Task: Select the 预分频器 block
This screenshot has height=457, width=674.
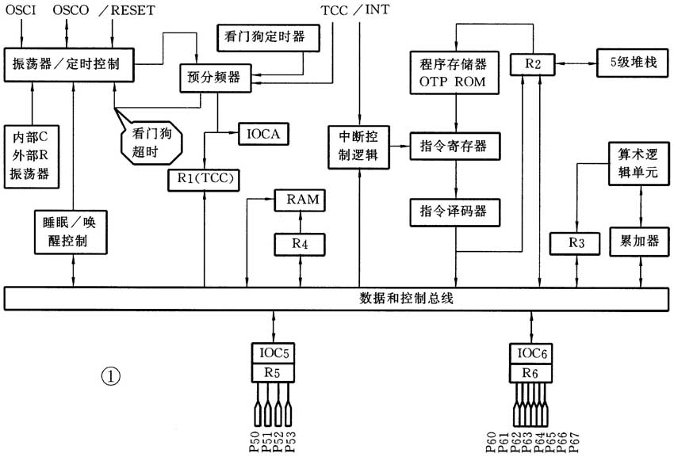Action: pos(212,77)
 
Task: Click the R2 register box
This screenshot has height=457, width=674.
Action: pos(532,63)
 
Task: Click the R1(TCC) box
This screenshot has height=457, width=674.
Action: pos(204,179)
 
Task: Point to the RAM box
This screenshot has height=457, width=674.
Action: pos(299,200)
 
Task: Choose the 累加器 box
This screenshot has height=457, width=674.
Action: pos(634,241)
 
